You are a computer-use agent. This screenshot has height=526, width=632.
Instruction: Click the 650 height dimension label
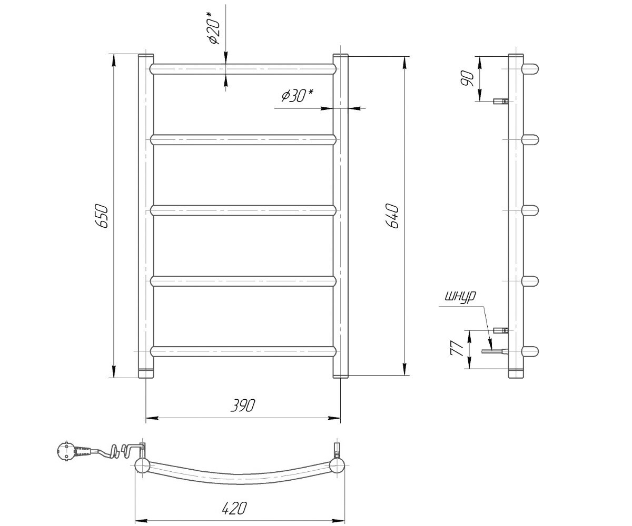click(x=102, y=216)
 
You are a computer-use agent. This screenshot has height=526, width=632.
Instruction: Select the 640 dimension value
click(x=392, y=216)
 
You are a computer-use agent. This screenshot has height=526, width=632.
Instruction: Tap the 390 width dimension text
click(x=242, y=406)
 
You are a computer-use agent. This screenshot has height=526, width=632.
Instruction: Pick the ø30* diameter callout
click(x=297, y=96)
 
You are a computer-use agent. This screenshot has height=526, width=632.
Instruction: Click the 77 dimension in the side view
click(x=457, y=348)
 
